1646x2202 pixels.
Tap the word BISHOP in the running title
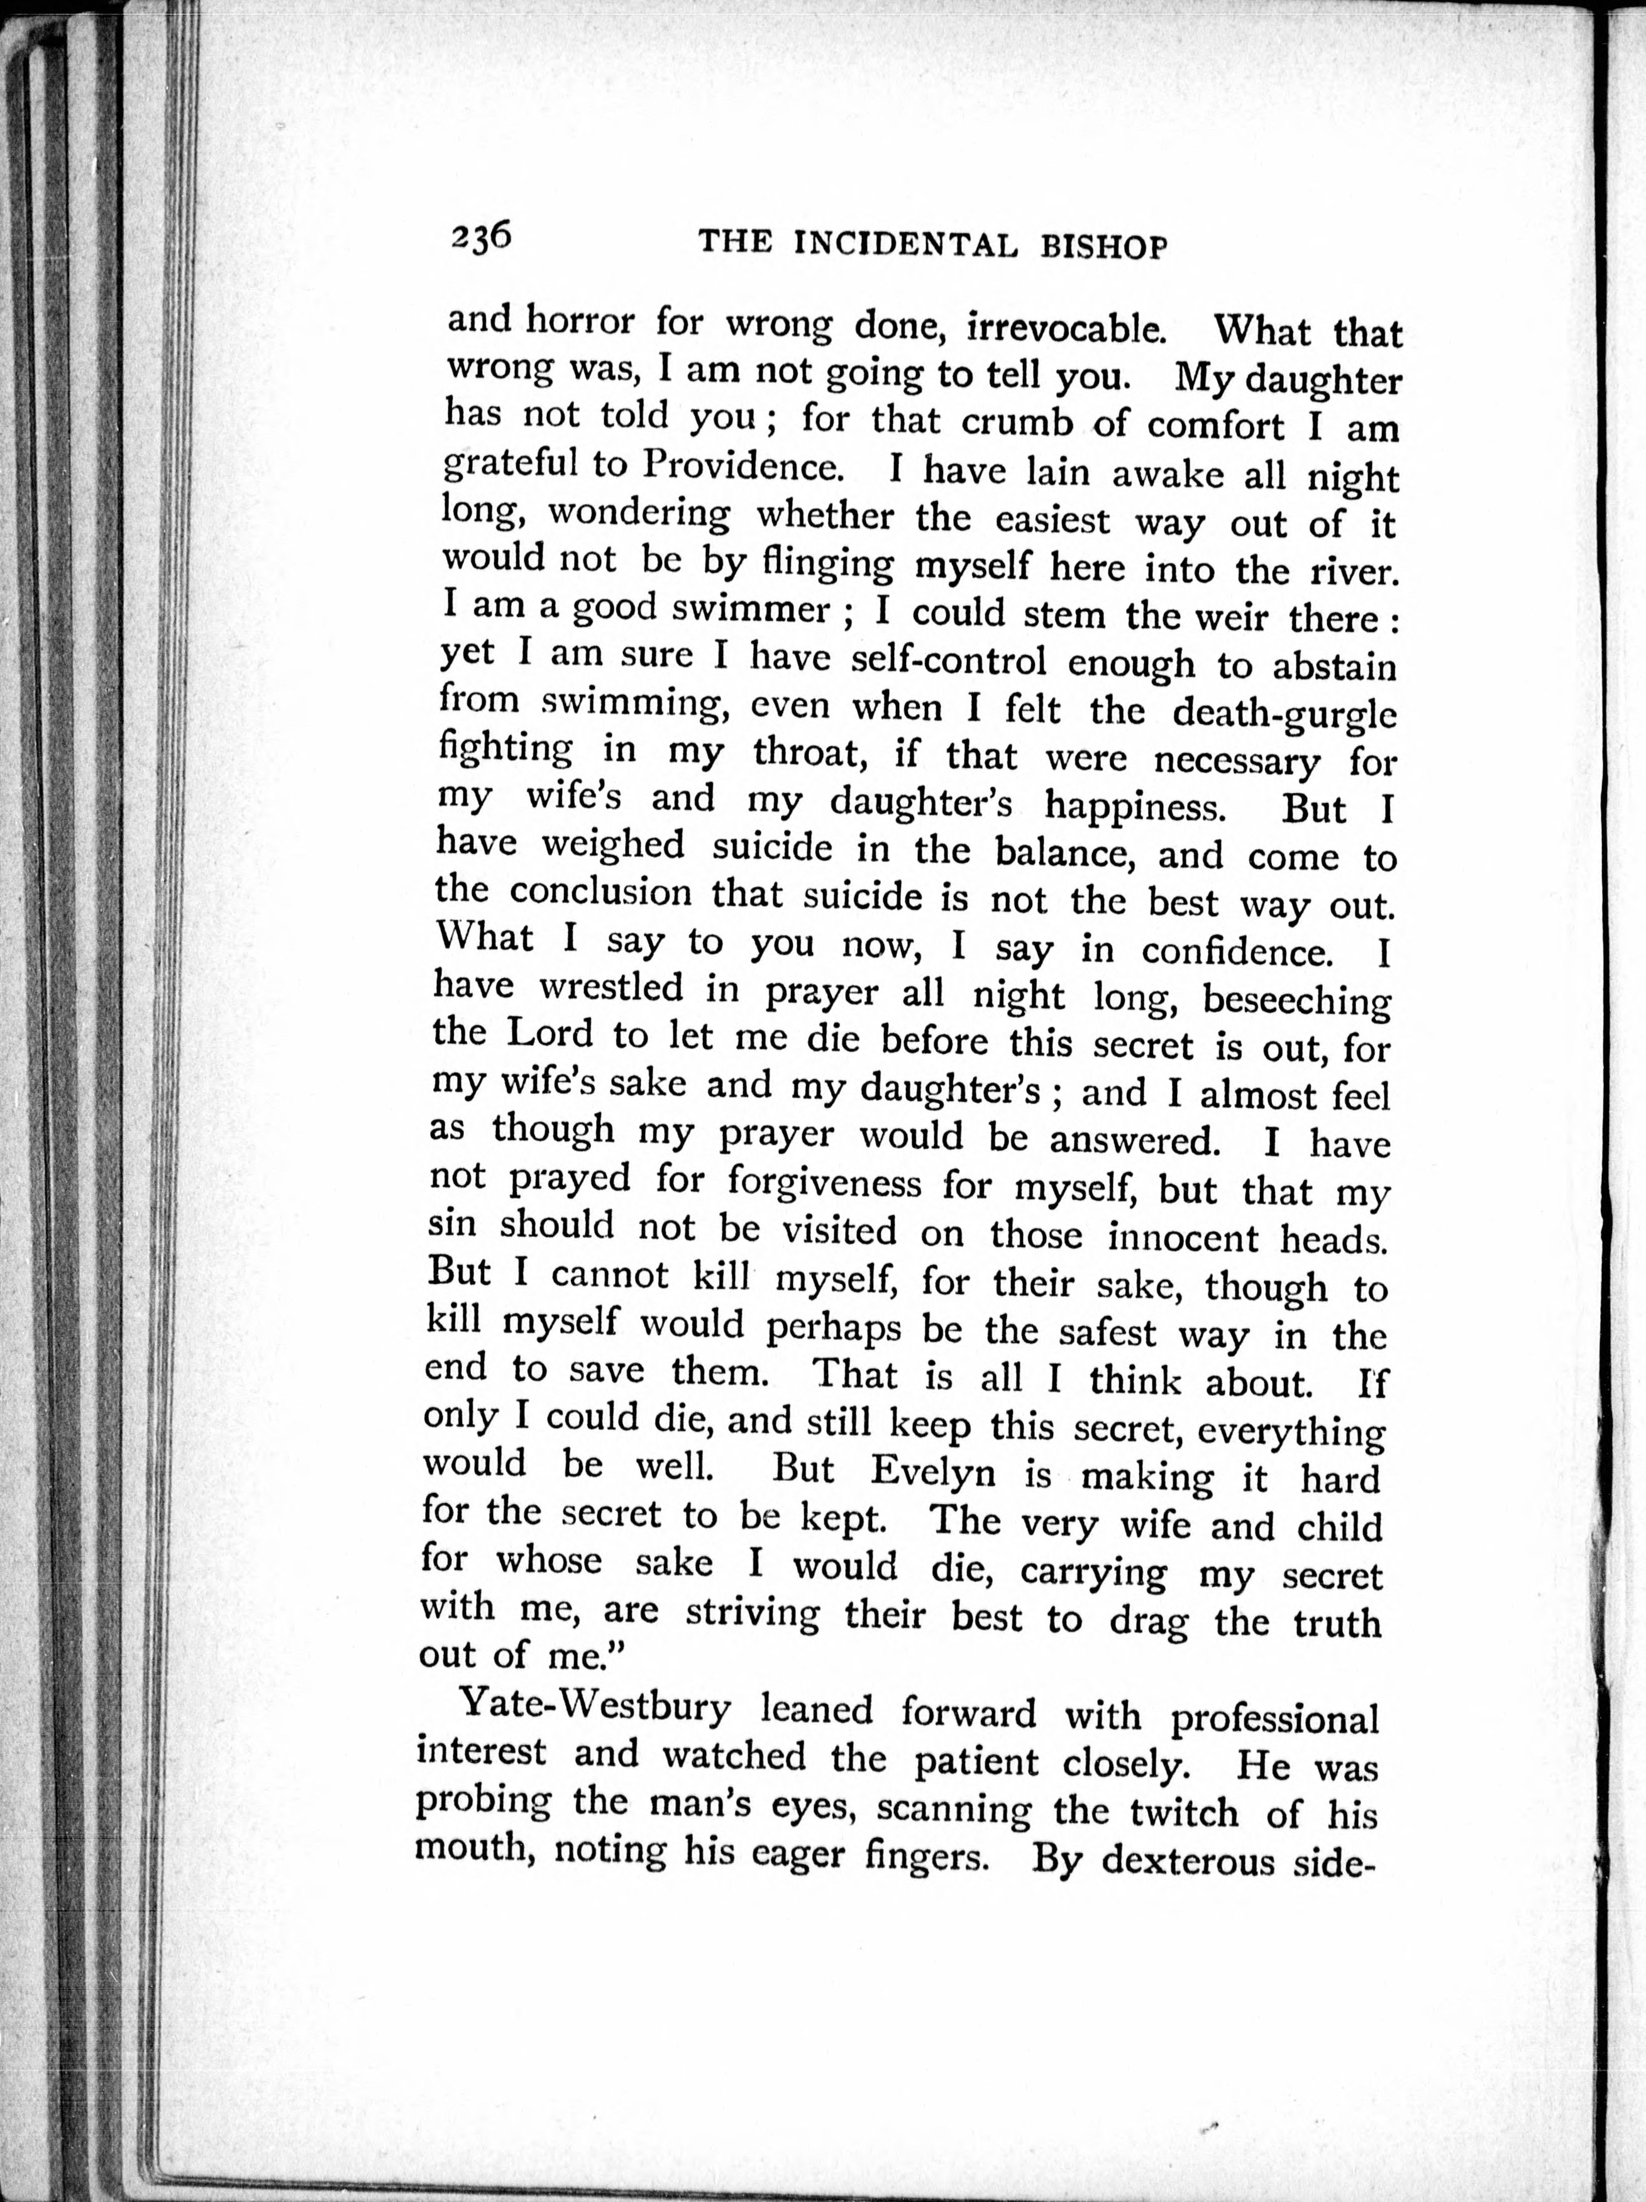pos(1103,246)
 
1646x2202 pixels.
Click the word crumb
pos(1017,421)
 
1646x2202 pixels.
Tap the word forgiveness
pos(824,1183)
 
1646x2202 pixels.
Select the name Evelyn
pos(932,1471)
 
